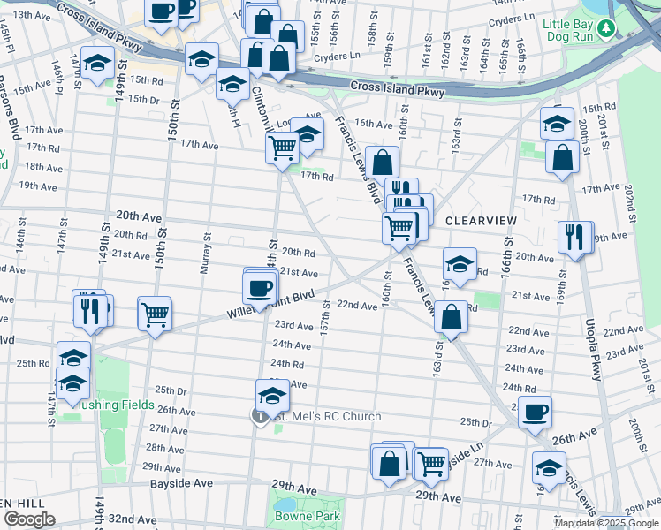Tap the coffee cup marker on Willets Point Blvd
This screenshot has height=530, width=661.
click(x=260, y=287)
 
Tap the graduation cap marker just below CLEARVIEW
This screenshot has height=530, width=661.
click(x=460, y=263)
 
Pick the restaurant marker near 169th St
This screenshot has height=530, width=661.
click(x=574, y=237)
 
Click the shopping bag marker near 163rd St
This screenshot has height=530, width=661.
click(x=451, y=317)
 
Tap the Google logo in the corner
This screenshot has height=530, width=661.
click(x=29, y=519)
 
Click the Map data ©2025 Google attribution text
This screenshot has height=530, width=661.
click(x=605, y=523)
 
